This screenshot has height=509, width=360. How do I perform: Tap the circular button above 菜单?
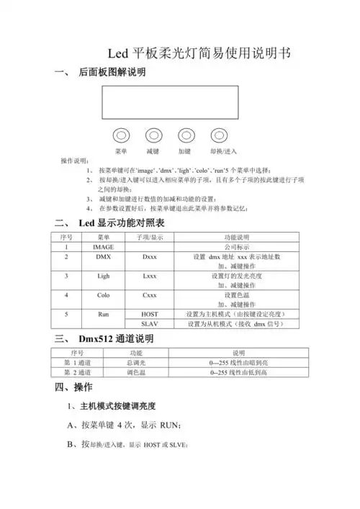(121, 135)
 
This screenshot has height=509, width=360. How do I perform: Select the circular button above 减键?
(153, 135)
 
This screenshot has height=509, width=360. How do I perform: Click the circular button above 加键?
(185, 135)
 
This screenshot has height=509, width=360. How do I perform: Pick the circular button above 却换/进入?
(219, 135)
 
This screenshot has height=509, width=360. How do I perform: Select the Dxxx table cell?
(150, 256)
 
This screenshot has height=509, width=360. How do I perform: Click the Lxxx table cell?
(150, 276)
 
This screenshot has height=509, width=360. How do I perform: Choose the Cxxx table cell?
(150, 295)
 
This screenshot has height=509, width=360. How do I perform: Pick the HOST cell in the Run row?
(150, 314)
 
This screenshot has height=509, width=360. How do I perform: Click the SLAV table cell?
(150, 325)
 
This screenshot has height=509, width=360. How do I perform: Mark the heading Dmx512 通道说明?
(115, 338)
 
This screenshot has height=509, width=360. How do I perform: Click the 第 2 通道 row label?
(77, 373)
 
